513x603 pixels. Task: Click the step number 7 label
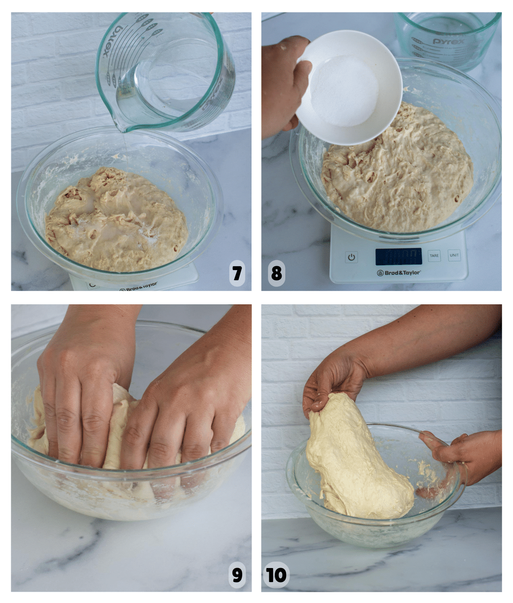[237, 273]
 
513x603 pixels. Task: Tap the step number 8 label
[276, 273]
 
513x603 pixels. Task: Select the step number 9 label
[237, 575]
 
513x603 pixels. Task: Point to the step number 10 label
[276, 575]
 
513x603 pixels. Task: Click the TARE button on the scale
[434, 256]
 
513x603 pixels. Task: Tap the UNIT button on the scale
[454, 255]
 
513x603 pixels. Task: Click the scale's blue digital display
[398, 256]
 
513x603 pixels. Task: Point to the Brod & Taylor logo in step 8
[399, 273]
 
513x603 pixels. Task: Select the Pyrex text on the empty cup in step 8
[448, 41]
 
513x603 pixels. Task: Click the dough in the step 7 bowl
[117, 221]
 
